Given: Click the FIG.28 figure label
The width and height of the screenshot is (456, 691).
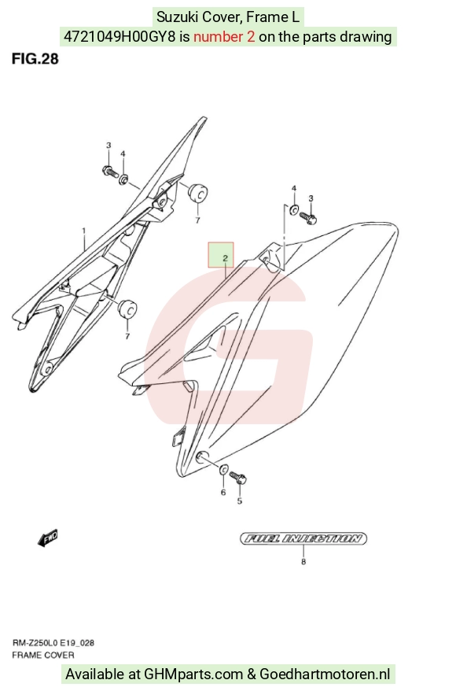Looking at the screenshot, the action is click(x=35, y=58).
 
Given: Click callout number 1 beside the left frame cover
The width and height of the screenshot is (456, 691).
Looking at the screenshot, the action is click(x=84, y=231).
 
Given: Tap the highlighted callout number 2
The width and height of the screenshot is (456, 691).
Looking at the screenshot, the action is click(x=225, y=258).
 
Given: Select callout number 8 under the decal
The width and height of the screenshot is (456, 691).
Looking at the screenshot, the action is click(x=303, y=562).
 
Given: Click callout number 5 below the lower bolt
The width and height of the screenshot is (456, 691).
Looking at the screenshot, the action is click(x=240, y=501).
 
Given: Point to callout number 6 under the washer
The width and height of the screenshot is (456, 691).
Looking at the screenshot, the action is click(x=223, y=492).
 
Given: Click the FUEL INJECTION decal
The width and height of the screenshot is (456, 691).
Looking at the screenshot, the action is click(x=303, y=538).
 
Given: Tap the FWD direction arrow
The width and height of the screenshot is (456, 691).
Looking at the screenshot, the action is click(x=47, y=538).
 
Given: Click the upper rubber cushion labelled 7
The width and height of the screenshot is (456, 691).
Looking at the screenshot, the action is click(x=197, y=193).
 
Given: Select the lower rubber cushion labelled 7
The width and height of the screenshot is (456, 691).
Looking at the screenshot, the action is click(x=127, y=309).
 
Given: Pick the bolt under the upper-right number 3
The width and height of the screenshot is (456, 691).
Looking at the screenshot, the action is click(x=308, y=218).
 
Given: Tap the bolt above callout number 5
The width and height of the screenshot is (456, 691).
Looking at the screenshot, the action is click(x=238, y=477).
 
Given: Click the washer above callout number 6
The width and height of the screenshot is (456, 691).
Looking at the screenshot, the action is click(x=223, y=470).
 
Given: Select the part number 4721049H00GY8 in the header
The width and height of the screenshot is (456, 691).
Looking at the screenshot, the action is click(x=120, y=36).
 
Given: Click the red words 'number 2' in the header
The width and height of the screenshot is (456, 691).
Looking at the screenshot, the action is click(x=224, y=36).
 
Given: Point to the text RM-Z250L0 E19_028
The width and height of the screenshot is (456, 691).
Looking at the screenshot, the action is click(x=53, y=643).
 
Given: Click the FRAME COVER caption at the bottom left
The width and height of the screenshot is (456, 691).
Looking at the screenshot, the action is click(x=43, y=656).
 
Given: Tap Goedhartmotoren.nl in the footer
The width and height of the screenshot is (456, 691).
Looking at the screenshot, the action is click(x=325, y=674).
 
